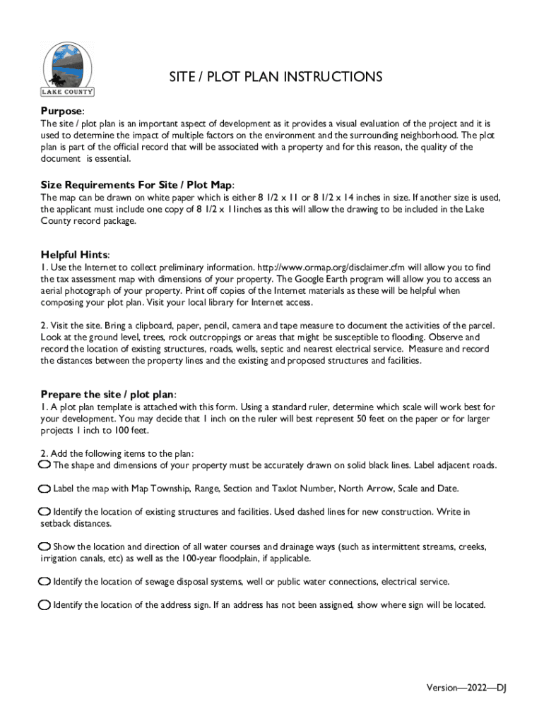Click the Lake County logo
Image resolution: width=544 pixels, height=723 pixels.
(68, 68)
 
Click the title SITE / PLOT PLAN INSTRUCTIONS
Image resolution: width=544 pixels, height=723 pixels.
(275, 77)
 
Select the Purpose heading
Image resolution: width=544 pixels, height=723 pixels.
(62, 112)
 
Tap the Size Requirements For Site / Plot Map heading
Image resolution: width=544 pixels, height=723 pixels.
(136, 184)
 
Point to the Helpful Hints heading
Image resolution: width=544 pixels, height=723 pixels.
(74, 254)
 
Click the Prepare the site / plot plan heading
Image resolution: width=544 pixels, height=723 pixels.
(108, 394)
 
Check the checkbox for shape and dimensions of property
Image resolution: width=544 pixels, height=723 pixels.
(45, 465)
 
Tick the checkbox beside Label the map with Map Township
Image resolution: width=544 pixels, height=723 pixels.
(45, 489)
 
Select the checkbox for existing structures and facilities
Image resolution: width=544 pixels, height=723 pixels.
(45, 511)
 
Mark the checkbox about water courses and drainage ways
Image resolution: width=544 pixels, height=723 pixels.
(45, 546)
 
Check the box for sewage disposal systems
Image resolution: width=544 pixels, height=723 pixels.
(45, 582)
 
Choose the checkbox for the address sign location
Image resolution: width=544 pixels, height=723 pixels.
(45, 605)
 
